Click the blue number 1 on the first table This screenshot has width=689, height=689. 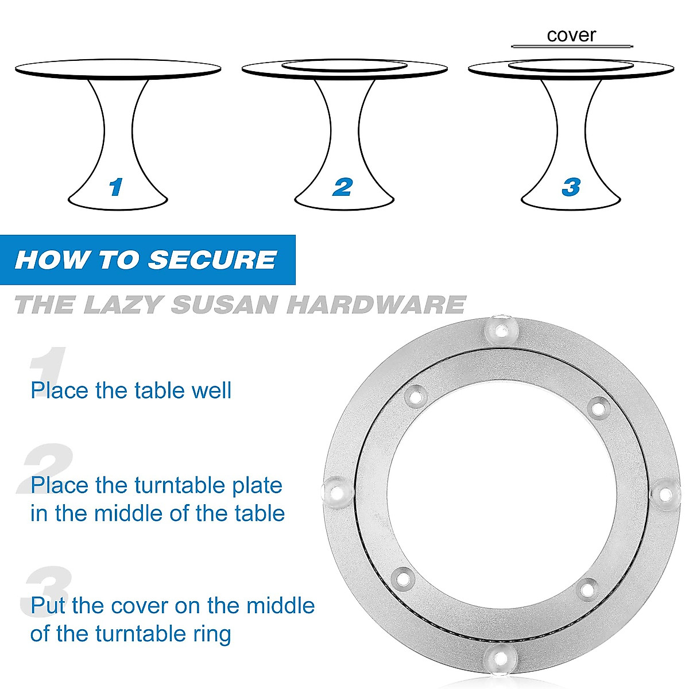pos(116,187)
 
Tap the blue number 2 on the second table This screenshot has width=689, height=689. pos(342,187)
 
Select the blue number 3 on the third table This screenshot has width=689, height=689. pos(570,187)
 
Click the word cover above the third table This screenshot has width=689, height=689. pos(571,35)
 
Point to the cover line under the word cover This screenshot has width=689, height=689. pos(572,46)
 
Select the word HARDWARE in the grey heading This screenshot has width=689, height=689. pos(376,304)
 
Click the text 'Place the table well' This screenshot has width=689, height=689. pos(131,390)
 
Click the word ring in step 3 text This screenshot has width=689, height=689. pos(214,634)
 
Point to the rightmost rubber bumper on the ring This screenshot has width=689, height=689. pos(663,494)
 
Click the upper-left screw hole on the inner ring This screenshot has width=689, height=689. pos(415,396)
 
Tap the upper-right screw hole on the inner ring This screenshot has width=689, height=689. pos(599,408)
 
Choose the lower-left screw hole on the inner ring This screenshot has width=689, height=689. pos(403,576)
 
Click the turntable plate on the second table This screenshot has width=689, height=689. pos(343,66)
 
